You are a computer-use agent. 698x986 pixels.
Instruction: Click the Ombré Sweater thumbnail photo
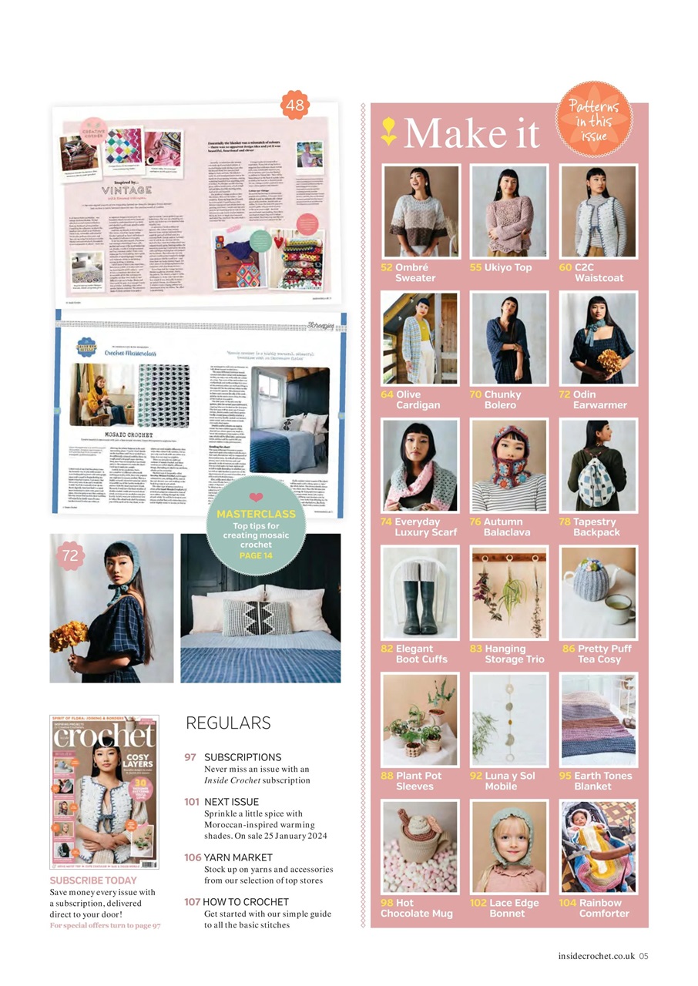click(420, 211)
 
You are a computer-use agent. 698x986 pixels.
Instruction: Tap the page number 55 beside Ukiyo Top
click(475, 267)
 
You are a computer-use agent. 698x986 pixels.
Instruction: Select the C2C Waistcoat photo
click(599, 211)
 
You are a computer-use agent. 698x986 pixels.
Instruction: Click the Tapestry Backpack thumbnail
click(599, 465)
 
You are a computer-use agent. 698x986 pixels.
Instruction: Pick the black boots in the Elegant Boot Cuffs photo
click(420, 606)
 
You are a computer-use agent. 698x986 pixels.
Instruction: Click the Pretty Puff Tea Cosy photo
click(599, 592)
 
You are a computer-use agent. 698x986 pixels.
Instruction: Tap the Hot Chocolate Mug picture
click(420, 847)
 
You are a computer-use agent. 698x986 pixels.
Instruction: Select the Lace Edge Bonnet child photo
click(509, 847)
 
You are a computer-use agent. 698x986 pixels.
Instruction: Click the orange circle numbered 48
click(295, 105)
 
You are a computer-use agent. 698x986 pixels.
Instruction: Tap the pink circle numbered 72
click(70, 555)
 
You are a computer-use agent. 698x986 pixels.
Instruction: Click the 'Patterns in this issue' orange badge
click(594, 119)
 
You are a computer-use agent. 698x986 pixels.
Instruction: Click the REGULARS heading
click(228, 723)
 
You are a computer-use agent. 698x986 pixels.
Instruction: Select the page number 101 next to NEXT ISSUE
click(192, 802)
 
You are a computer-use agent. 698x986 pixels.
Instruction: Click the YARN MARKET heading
click(237, 857)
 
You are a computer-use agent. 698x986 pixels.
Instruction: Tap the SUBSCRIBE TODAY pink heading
click(93, 880)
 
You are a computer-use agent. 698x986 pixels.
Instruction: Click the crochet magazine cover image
click(104, 791)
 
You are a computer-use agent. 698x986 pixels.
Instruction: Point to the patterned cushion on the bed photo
click(257, 616)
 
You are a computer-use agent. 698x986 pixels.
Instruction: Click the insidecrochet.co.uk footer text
click(596, 956)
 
